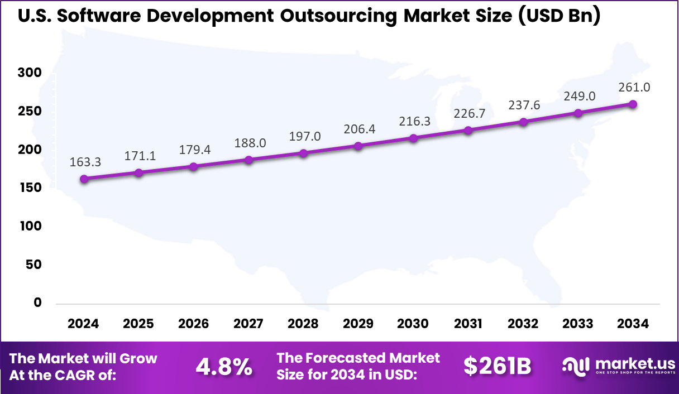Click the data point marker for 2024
(x=84, y=179)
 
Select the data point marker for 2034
(x=633, y=104)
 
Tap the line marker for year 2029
(x=358, y=146)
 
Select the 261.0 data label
(x=634, y=88)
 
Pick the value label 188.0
(x=248, y=143)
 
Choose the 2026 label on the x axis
(x=193, y=324)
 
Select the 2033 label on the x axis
(x=578, y=324)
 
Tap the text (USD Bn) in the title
(x=558, y=16)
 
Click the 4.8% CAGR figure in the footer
(x=223, y=367)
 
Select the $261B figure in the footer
(x=497, y=367)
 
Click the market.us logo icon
(x=576, y=367)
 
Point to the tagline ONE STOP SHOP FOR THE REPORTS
(x=634, y=373)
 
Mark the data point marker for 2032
(x=523, y=122)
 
